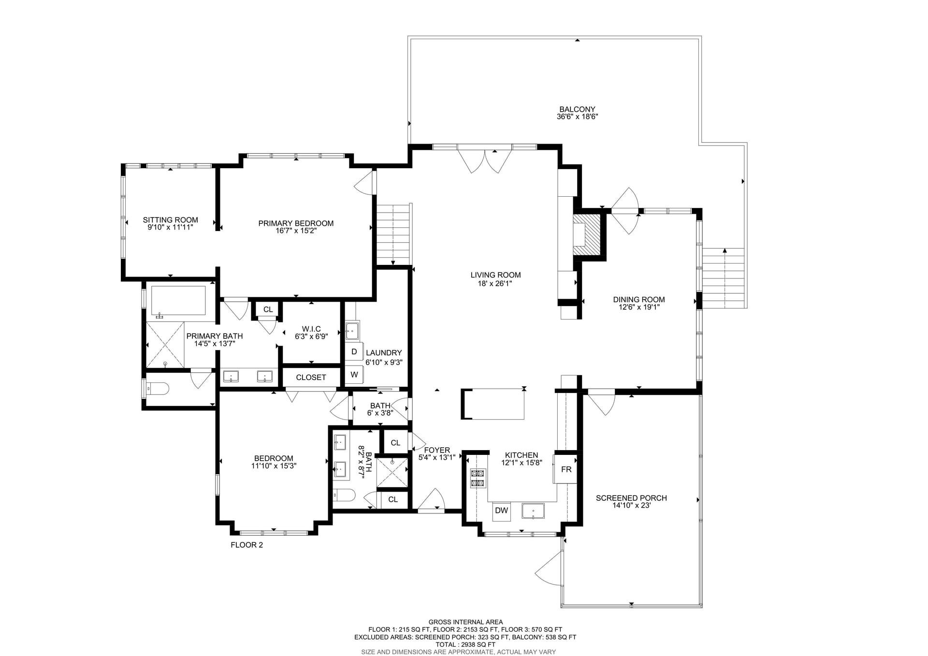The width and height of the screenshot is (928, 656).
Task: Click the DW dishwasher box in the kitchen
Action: click(x=501, y=510)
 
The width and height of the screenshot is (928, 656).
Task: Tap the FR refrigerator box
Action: click(x=566, y=469)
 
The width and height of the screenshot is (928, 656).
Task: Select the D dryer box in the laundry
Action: click(x=354, y=352)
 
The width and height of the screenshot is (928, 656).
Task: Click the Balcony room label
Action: click(x=577, y=109)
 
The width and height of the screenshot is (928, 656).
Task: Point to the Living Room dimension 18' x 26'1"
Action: click(x=495, y=283)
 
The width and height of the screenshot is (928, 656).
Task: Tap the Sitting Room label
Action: click(x=170, y=220)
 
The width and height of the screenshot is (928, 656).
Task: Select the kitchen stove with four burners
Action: click(x=478, y=478)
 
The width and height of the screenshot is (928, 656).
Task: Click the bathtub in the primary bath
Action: click(x=178, y=301)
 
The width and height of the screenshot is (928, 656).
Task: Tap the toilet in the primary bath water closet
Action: click(x=158, y=388)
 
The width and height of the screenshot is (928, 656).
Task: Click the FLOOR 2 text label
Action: click(x=246, y=545)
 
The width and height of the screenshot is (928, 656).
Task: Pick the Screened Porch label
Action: click(x=631, y=498)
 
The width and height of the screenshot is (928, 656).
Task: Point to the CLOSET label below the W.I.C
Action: click(x=311, y=378)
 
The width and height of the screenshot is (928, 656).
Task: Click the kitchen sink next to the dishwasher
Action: click(x=533, y=511)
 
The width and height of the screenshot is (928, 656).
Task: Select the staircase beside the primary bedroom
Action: click(x=393, y=234)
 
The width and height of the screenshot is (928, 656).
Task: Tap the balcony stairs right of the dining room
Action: click(x=724, y=278)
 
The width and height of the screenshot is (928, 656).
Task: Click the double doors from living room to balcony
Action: click(x=485, y=160)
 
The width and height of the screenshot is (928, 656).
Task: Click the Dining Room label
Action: click(x=638, y=300)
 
